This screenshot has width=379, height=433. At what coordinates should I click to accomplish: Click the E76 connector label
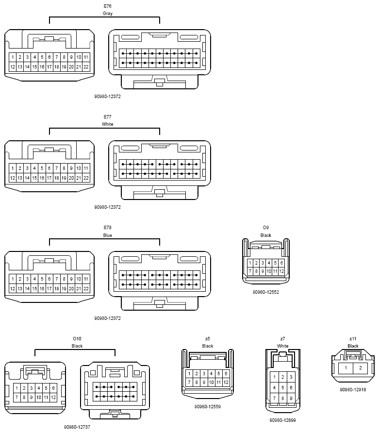click(x=107, y=6)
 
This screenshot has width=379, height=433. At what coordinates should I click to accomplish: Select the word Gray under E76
click(x=107, y=13)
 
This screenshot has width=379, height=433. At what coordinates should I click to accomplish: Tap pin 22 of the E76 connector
click(x=86, y=67)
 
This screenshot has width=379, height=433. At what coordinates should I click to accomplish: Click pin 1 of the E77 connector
click(x=13, y=168)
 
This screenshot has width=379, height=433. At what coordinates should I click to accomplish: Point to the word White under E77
click(x=107, y=124)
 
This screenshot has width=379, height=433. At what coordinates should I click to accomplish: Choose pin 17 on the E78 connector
click(x=49, y=288)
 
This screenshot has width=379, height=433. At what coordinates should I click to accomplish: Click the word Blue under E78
click(x=107, y=235)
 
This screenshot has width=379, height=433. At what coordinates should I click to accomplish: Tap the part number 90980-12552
click(x=266, y=292)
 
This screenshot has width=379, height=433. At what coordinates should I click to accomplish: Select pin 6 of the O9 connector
click(x=281, y=263)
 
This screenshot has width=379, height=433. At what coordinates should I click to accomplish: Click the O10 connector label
click(x=77, y=338)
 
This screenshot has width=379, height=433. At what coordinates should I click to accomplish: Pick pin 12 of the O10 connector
click(x=53, y=398)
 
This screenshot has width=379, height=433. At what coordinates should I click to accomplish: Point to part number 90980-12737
click(x=77, y=427)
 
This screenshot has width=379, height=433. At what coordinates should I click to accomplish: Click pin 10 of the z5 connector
click(x=211, y=383)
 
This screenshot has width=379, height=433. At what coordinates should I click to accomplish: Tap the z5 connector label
click(x=208, y=338)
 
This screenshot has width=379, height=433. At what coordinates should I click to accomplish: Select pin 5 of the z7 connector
click(x=282, y=388)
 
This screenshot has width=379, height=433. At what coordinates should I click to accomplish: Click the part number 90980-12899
click(x=282, y=420)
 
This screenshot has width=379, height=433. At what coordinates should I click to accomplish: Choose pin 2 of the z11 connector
click(x=360, y=368)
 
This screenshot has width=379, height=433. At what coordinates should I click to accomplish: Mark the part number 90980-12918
click(x=353, y=390)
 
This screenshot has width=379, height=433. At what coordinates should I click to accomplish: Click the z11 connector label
click(x=353, y=338)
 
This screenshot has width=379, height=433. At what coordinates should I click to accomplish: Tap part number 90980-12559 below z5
click(x=208, y=406)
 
